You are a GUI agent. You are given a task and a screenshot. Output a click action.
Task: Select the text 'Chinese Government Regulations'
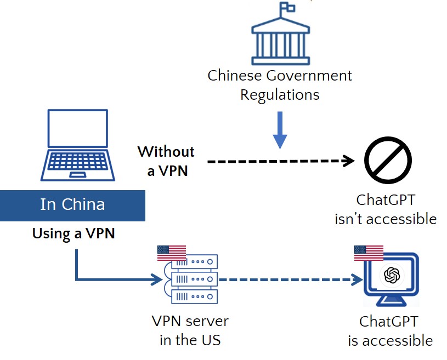[x=280, y=84]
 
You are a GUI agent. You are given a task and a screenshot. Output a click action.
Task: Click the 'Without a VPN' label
[x=167, y=161]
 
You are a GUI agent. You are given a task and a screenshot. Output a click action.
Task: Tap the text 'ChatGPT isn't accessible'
[x=386, y=209]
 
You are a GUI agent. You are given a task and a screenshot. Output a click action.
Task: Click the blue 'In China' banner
[x=72, y=205]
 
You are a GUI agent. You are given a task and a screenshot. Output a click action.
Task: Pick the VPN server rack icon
[x=194, y=279]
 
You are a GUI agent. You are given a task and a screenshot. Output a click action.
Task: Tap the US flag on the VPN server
[x=171, y=253]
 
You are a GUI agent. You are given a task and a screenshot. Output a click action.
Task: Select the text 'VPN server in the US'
[x=190, y=330]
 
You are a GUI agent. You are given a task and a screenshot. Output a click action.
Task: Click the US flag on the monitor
[x=369, y=253]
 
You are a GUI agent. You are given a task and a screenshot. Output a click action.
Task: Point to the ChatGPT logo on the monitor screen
[x=392, y=275]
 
